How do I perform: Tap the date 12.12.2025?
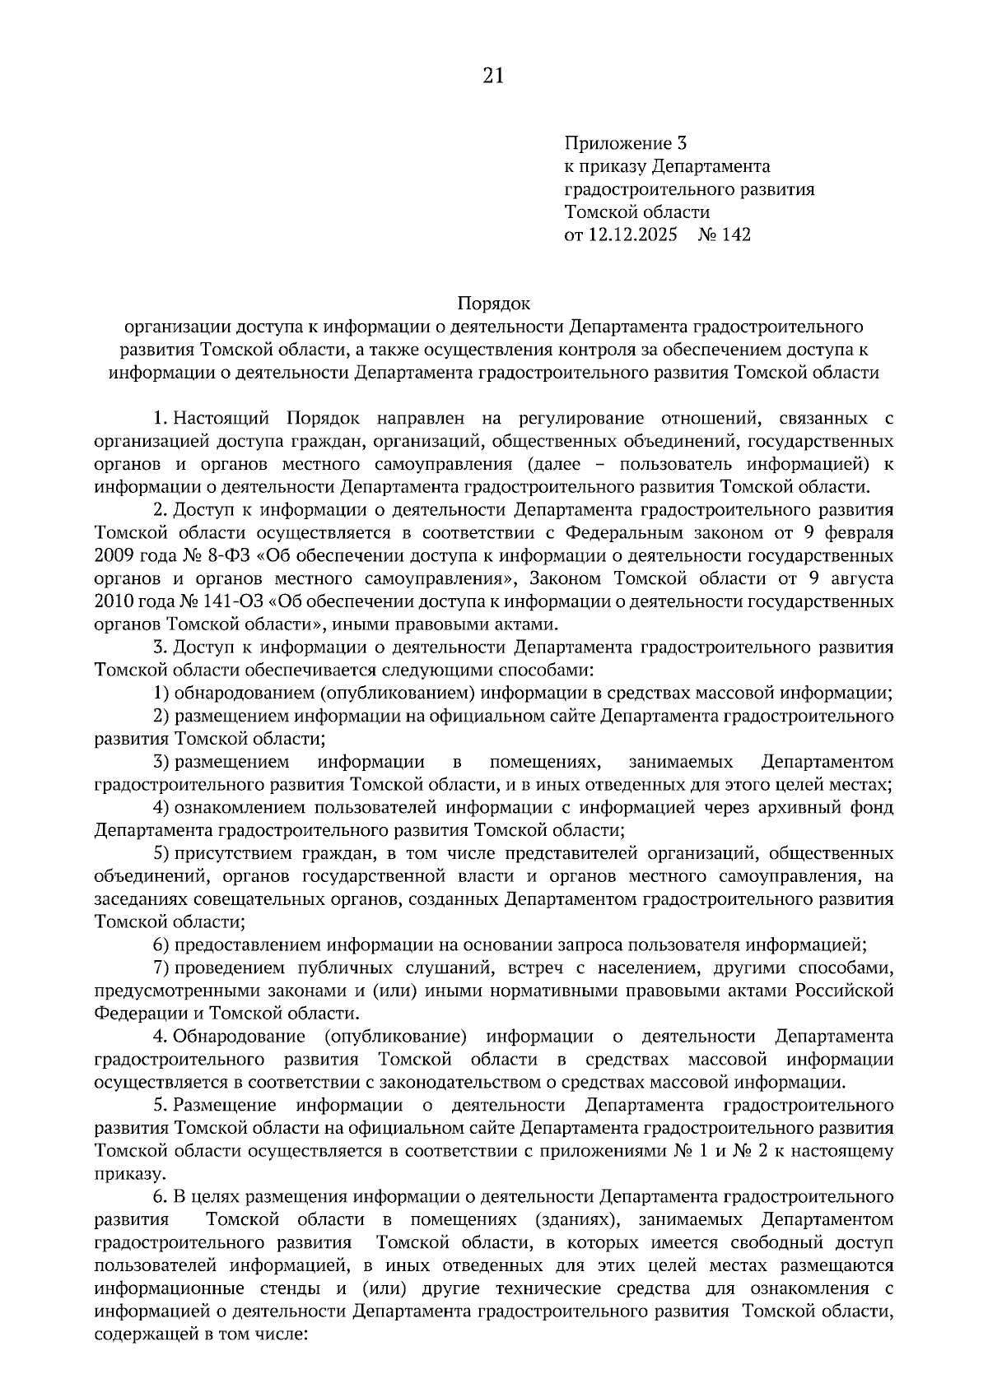631,235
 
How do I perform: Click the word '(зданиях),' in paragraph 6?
576,1218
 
